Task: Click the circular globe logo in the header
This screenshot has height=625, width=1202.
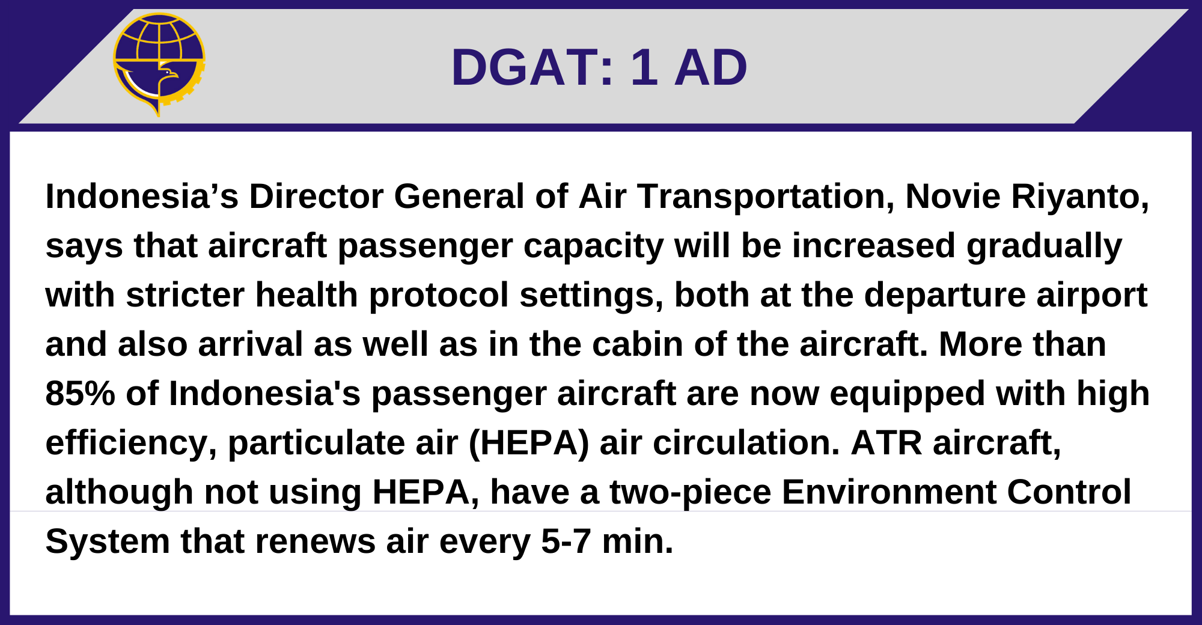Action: click(159, 63)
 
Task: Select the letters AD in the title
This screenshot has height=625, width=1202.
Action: click(710, 67)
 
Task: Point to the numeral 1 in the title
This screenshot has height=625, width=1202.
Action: click(644, 67)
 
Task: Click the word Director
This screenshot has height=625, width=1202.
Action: click(316, 197)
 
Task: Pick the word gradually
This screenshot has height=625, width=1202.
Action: click(1044, 246)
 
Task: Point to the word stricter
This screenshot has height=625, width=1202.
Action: click(185, 295)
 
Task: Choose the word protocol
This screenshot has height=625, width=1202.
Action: click(439, 295)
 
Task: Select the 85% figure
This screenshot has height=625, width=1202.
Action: click(80, 394)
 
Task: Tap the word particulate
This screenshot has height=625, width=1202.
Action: click(316, 443)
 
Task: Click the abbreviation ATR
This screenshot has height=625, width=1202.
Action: click(886, 443)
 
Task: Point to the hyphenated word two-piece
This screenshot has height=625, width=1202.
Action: click(691, 492)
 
